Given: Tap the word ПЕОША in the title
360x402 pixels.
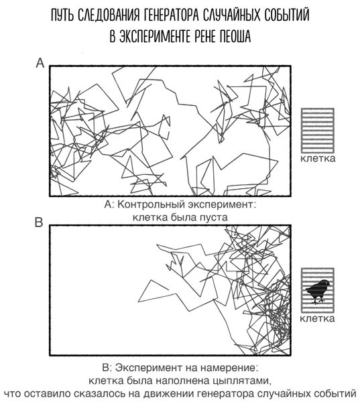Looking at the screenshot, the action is click(235, 36).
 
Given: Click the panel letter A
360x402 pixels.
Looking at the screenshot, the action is click(40, 63).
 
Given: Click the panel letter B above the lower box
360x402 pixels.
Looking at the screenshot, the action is click(39, 222).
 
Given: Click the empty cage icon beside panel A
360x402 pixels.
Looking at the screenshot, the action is click(318, 131).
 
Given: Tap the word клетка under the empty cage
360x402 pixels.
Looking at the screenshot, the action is click(318, 158).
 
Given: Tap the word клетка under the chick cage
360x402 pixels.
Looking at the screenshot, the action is click(317, 318).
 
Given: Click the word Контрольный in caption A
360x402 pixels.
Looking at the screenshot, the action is click(151, 204).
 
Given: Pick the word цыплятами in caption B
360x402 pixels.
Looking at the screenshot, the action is click(242, 381).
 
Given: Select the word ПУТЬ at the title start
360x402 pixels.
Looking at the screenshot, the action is click(62, 15).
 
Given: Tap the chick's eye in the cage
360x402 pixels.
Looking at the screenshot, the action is click(326, 283).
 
